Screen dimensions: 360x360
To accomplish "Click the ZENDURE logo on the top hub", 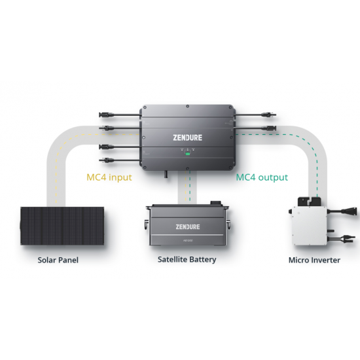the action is coord(188,137).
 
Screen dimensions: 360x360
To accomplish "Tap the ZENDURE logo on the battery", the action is coord(188,227).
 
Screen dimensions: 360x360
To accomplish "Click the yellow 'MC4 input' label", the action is coord(109,177).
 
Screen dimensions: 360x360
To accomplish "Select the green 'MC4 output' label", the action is coord(262,177).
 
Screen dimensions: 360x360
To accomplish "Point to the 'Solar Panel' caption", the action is coord(58,260).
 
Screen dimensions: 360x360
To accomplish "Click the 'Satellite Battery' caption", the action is coord(187,260).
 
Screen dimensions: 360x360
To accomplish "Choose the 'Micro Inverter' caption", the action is coord(314,260).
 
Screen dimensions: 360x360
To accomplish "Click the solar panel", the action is coord(62,226).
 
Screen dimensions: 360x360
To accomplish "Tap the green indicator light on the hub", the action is coord(188,153).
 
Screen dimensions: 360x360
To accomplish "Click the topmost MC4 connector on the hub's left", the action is coord(105,115).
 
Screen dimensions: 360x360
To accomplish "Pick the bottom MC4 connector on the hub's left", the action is coord(105,160).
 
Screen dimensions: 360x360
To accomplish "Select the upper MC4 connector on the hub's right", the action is coord(269,115).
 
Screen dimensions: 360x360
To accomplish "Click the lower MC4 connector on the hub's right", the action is coord(269,128).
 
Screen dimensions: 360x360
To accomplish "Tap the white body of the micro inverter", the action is coord(309,225).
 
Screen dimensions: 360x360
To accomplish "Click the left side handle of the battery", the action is coord(146,225).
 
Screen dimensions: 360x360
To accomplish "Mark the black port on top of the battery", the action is coord(216,203).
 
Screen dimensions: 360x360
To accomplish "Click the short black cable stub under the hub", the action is coord(166,174).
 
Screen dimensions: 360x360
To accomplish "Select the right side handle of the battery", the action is coord(229,225).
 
